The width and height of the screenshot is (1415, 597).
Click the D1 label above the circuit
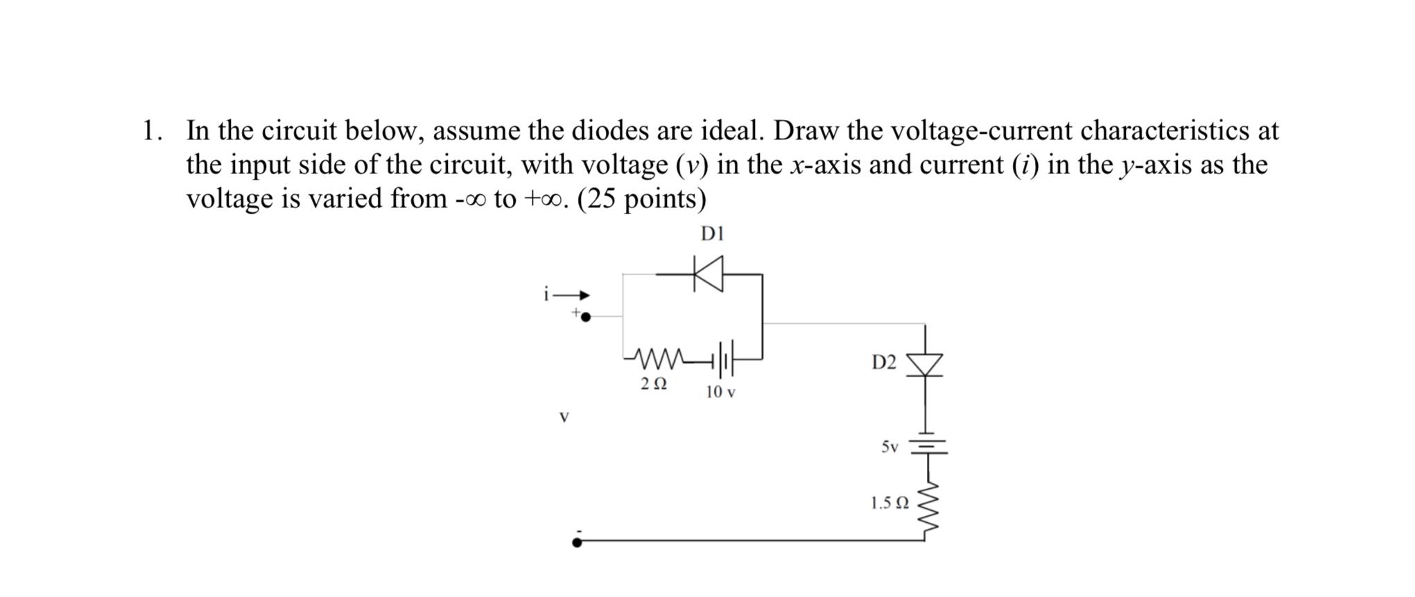[712, 234]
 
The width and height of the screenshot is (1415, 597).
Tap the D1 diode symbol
[709, 274]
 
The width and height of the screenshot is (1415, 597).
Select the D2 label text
[884, 362]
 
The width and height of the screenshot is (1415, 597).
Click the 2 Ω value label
[654, 383]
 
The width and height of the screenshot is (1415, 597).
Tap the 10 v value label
[720, 392]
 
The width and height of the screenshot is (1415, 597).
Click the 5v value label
[889, 447]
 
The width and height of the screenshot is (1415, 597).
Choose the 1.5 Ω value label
[889, 503]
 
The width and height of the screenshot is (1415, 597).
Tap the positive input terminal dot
[586, 317]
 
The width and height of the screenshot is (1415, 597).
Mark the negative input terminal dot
[578, 542]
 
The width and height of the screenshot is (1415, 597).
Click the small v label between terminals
[564, 417]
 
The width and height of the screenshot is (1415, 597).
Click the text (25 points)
[641, 199]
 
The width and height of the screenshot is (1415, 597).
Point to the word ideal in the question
[732, 130]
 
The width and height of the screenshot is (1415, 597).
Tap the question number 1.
[151, 130]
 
